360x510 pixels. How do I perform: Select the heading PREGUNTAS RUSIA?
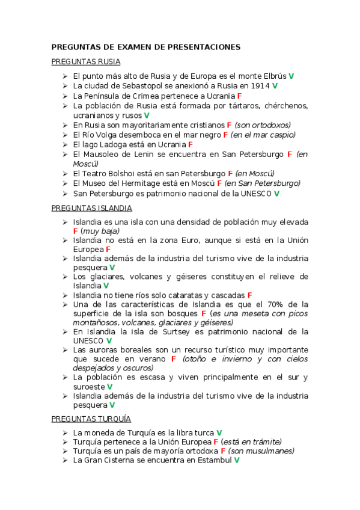86,62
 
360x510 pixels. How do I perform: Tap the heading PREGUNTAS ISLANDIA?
92,208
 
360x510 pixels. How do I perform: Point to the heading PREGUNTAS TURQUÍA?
91,419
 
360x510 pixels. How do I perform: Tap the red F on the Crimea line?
239,96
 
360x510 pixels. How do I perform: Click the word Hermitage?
151,183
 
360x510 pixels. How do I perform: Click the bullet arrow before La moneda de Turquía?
64,432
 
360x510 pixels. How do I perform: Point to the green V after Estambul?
237,460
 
